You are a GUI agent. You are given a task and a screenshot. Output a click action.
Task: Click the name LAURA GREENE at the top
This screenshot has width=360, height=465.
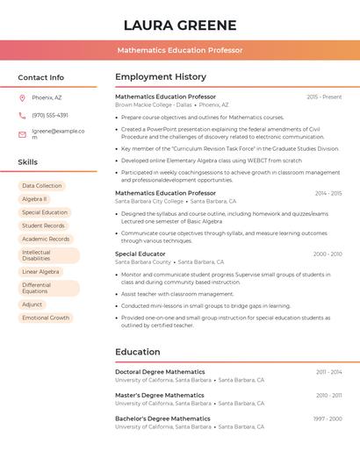coord(180,25)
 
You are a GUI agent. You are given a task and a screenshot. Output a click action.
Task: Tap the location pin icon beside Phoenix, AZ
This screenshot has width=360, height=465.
coord(22,97)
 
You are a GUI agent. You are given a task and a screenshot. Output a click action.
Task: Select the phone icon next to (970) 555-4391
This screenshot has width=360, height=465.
coord(22,115)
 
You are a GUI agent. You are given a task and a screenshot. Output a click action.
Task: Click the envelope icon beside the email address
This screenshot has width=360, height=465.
coord(22,134)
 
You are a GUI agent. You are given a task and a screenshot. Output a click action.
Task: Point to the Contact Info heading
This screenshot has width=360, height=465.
coord(40,77)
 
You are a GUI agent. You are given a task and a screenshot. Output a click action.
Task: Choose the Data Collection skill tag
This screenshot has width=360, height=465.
coord(42,186)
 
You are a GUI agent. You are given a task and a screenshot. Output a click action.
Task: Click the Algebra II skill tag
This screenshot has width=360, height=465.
coord(34,199)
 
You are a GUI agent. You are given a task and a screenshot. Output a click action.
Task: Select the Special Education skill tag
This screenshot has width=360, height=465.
coord(45,212)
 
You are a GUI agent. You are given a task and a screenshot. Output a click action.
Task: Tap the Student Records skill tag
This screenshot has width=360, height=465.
coord(44,225)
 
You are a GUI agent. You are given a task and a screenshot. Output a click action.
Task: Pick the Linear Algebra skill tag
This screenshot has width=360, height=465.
coord(41,272)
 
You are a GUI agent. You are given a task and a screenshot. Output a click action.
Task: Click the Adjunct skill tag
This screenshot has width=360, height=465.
coord(32,304)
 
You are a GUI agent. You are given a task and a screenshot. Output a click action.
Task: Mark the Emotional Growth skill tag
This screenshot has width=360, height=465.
coord(46,318)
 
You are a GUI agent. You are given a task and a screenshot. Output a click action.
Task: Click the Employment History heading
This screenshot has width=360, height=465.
coord(161,77)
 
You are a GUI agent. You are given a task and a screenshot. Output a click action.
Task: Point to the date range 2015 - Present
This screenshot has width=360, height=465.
coord(324,97)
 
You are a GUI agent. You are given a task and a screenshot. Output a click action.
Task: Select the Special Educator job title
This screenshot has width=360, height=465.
coord(140,254)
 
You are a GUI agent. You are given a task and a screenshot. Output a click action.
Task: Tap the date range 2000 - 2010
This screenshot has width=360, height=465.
coord(327,254)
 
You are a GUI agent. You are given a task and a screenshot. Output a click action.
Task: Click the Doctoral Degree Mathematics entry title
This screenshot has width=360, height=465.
coord(160,372)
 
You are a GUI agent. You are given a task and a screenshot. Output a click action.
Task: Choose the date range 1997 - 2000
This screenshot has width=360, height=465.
coord(328,419)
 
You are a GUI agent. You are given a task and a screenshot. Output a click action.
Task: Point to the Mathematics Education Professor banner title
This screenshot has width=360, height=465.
coord(180,50)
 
